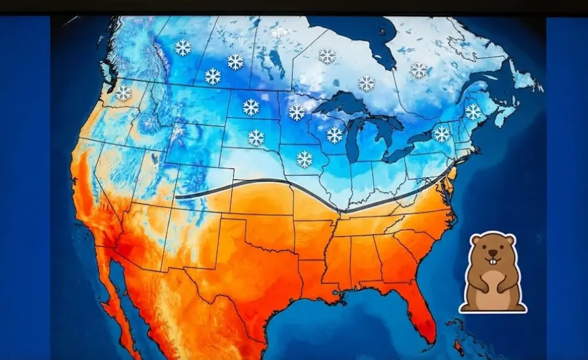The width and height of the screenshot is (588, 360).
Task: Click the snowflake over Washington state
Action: (123, 93)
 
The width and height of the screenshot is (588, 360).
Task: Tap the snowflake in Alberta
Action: (183, 47)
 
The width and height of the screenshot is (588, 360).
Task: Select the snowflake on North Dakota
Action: (250, 107)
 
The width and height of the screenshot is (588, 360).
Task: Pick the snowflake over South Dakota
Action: (256, 138)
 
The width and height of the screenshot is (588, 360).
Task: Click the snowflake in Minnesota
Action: (297, 113)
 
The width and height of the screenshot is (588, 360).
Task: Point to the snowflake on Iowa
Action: (304, 160)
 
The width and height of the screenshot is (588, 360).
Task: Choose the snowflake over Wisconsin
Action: (334, 135)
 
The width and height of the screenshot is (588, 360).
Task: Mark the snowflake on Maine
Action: (473, 112)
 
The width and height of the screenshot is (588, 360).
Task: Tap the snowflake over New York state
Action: (442, 134)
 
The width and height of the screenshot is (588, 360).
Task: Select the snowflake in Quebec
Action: (419, 70)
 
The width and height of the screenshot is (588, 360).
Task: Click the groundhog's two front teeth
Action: (492, 261)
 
